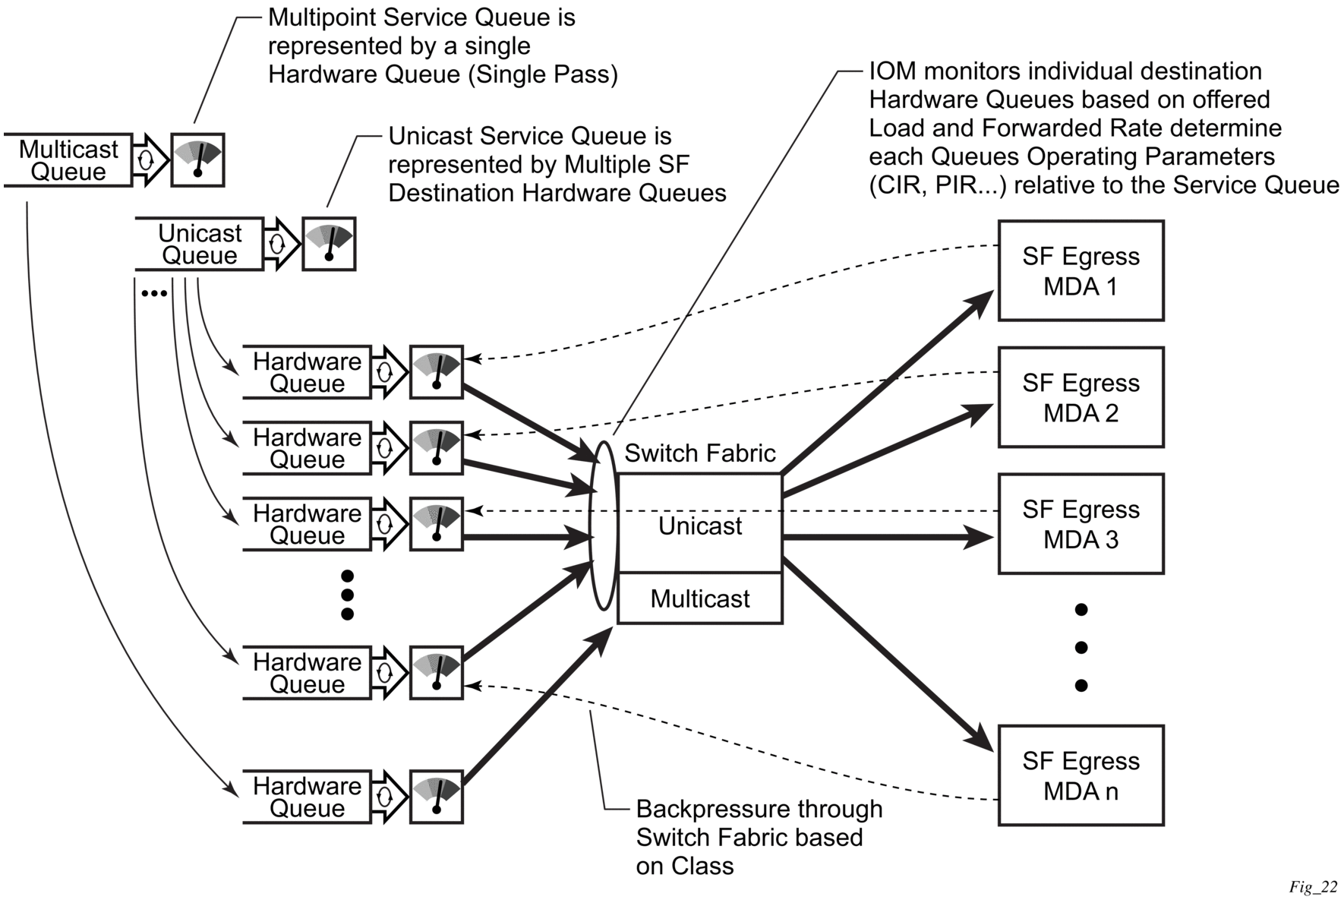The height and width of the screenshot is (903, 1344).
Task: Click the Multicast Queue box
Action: click(x=68, y=160)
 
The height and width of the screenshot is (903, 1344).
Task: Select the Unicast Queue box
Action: click(x=200, y=244)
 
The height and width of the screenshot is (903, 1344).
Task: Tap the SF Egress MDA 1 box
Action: click(x=1081, y=271)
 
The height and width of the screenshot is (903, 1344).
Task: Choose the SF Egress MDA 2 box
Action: click(x=1081, y=397)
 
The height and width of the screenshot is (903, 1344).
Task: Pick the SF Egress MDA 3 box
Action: click(x=1081, y=524)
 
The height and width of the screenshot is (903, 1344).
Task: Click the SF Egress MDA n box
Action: click(x=1081, y=775)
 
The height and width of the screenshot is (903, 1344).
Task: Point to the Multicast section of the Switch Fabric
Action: click(x=699, y=598)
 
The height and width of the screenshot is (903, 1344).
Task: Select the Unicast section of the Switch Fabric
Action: click(x=699, y=525)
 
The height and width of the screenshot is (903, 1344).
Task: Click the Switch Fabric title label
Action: click(x=699, y=453)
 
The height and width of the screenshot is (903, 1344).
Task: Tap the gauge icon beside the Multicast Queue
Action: click(x=197, y=160)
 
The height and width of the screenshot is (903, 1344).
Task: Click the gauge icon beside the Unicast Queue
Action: click(x=329, y=244)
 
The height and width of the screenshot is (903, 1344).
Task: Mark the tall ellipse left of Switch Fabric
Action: click(x=604, y=526)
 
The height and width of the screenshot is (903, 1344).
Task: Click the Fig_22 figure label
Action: click(x=1313, y=886)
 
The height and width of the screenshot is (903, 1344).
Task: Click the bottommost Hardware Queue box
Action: click(x=307, y=797)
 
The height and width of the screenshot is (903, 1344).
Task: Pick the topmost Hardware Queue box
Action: click(x=307, y=372)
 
